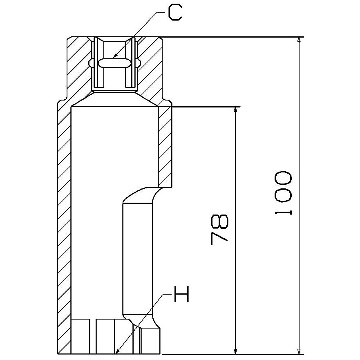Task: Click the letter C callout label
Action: pyautogui.click(x=175, y=13)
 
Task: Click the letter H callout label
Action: pyautogui.click(x=181, y=294)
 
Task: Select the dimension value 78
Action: pyautogui.click(x=219, y=230)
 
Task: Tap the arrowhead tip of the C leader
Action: pyautogui.click(x=114, y=57)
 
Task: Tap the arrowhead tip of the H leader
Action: pyautogui.click(x=116, y=353)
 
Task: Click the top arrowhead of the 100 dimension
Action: pyautogui.click(x=299, y=38)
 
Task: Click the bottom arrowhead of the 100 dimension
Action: pyautogui.click(x=299, y=354)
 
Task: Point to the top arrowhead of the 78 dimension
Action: pyautogui.click(x=235, y=107)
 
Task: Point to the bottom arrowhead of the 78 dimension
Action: pyautogui.click(x=235, y=354)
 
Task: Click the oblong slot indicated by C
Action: pyautogui.click(x=114, y=63)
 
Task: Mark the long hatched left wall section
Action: pyautogui.click(x=64, y=230)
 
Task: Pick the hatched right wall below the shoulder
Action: pyautogui.click(x=165, y=147)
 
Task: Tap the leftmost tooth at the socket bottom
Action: pyautogui.click(x=80, y=336)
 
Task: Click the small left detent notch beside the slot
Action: pyautogui.click(x=91, y=63)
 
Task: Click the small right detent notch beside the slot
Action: pyautogui.click(x=138, y=63)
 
